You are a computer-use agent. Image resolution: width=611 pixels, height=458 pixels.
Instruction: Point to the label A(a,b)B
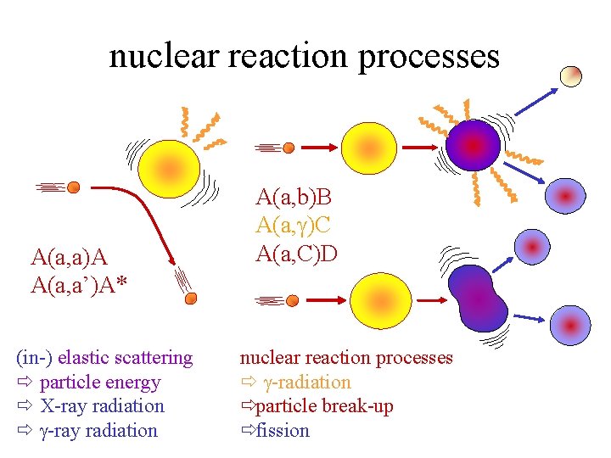(294, 198)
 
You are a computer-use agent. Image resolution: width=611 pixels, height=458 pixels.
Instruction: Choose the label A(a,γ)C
(294, 226)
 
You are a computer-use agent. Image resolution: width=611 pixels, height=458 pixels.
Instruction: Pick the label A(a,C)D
(296, 253)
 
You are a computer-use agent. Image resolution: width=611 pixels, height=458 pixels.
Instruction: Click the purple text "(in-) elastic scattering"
(105, 358)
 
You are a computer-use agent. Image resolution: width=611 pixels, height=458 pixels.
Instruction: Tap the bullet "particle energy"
(99, 383)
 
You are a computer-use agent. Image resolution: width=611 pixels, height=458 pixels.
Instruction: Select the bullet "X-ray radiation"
(102, 406)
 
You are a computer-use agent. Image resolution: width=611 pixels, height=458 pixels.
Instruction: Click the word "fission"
(283, 431)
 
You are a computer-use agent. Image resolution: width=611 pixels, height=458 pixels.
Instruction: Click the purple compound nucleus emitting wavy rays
(474, 145)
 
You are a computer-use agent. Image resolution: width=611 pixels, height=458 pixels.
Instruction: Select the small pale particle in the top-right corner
(571, 75)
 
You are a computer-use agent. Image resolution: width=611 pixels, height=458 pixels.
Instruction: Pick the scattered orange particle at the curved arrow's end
(191, 297)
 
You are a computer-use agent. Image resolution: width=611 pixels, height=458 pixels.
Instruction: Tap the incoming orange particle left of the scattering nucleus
(74, 187)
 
